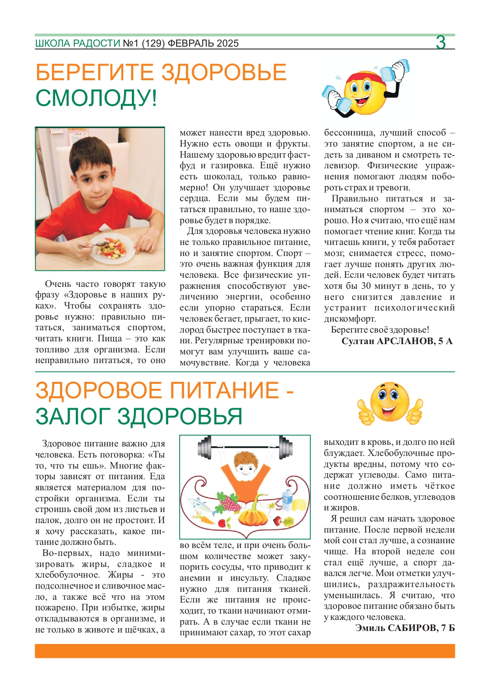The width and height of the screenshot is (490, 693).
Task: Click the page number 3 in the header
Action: click(441, 42)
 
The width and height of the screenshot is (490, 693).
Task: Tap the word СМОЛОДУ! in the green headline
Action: click(96, 98)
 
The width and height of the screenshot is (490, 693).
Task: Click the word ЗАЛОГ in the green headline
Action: click(73, 416)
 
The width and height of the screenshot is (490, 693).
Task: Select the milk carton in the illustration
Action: click(287, 500)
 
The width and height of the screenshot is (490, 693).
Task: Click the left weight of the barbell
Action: click(205, 447)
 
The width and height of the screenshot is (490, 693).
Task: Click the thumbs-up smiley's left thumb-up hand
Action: click(365, 411)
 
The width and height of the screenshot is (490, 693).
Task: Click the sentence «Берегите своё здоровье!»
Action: click(380, 330)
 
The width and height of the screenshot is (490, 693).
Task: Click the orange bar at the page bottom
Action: click(245, 651)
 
